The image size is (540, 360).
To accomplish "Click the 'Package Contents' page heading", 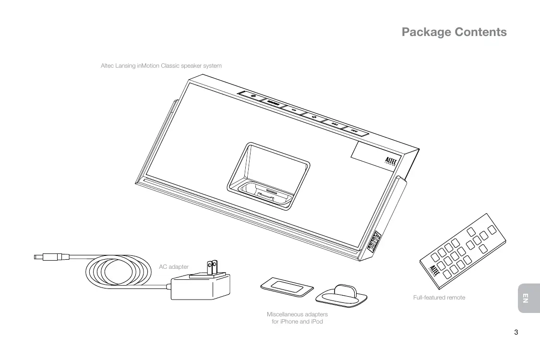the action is (454, 32).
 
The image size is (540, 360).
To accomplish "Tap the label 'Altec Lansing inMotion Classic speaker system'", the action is (161, 66).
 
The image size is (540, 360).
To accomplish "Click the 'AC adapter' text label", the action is (174, 267).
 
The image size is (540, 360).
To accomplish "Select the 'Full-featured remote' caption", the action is (439, 298).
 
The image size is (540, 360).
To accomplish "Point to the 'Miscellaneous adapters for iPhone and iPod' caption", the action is (297, 318).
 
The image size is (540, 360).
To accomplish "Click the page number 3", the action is (516, 332).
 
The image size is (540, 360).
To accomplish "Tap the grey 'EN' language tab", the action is (525, 298).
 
